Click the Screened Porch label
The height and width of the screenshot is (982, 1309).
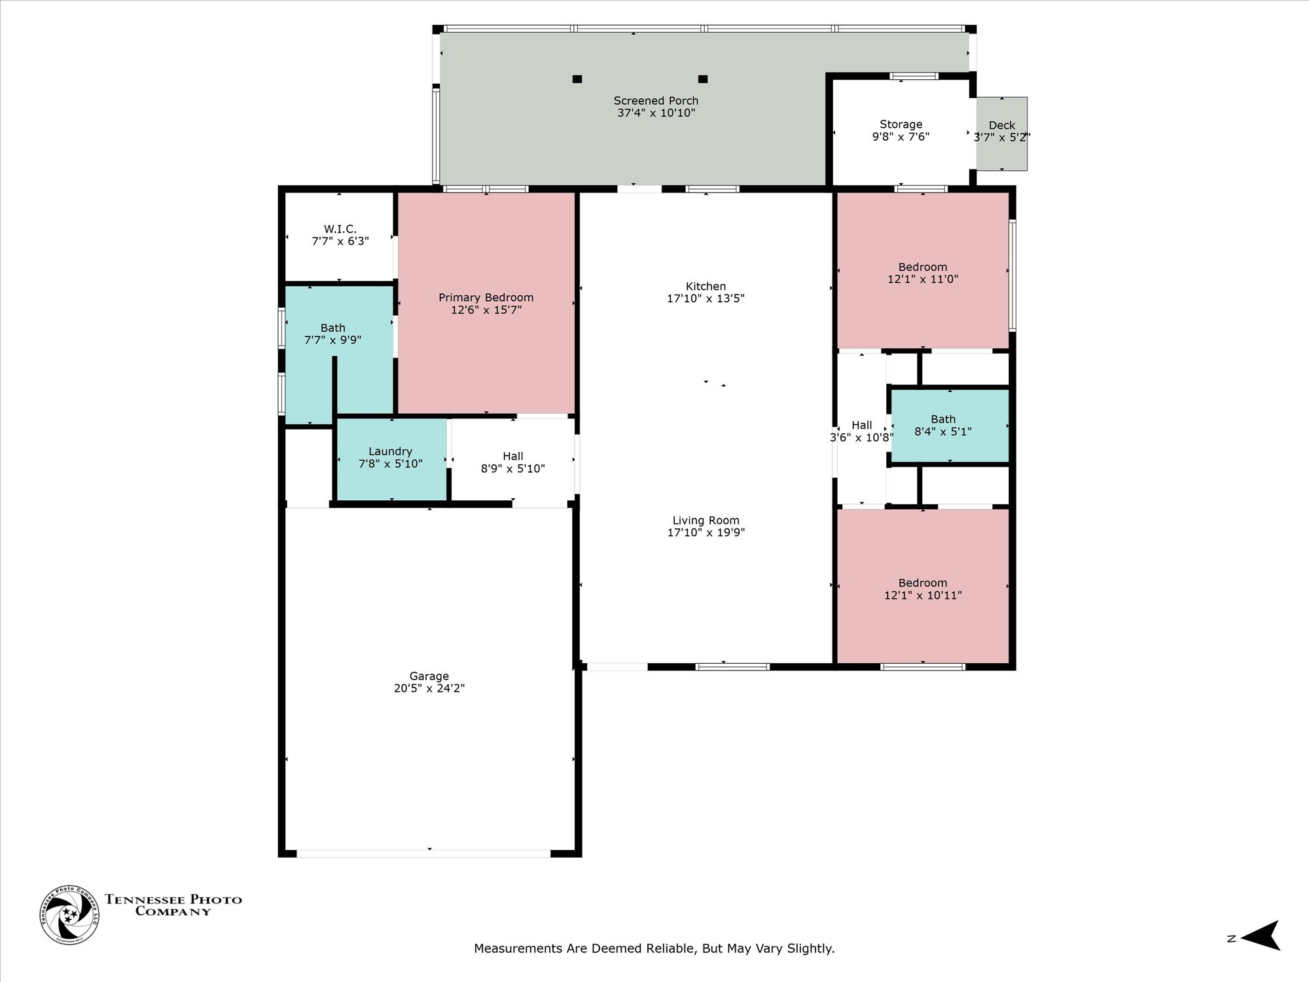pos(656,101)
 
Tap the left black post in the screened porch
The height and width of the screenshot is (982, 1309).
pos(577,79)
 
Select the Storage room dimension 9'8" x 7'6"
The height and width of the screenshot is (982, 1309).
pos(901,137)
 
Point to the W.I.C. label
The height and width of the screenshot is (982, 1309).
pos(340,229)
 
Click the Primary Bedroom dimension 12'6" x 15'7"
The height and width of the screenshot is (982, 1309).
pos(486,310)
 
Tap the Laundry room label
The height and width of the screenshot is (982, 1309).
pos(390,451)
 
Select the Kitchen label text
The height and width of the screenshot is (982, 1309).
pos(706,286)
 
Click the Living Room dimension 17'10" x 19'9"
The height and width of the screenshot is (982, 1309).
pos(706,532)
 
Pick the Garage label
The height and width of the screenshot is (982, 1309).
pos(429,676)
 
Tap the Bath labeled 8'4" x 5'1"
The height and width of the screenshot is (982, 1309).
pos(942,426)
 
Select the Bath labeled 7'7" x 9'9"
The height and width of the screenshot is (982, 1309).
pos(332,334)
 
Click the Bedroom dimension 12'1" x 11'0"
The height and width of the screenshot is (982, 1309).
pos(922,279)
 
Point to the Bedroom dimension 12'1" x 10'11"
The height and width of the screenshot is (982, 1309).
pos(922,595)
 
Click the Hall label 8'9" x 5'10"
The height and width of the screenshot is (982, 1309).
pos(512,462)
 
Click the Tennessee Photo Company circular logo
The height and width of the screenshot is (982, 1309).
pos(69,915)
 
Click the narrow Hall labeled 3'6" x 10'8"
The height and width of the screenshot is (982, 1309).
pos(861,431)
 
